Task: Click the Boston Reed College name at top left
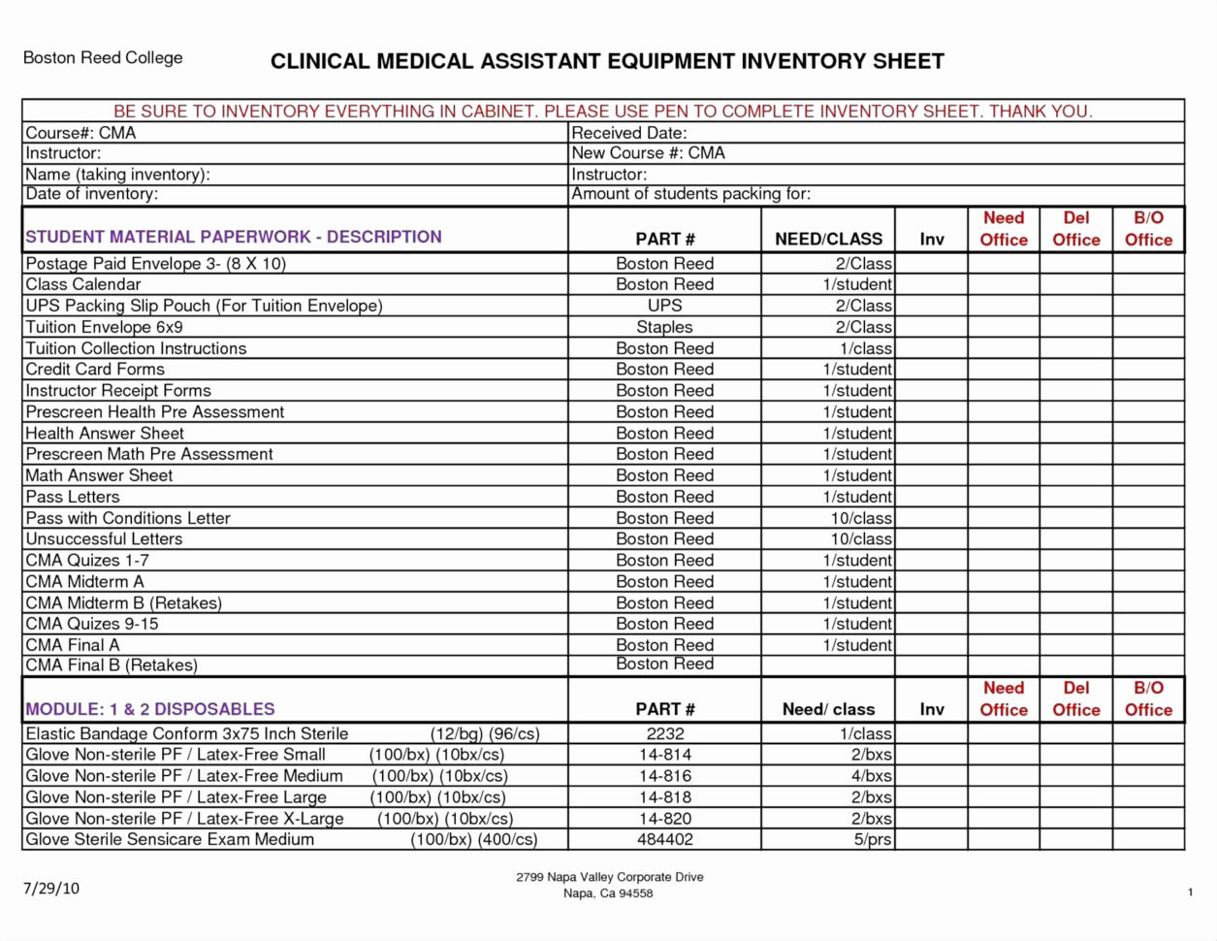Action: click(103, 58)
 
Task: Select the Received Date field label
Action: click(628, 133)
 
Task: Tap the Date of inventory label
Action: click(91, 194)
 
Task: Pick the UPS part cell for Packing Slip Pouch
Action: click(664, 306)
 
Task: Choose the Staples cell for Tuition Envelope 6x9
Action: click(664, 327)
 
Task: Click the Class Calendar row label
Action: click(82, 284)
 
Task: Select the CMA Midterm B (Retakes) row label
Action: click(123, 602)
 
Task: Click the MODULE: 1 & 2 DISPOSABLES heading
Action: click(150, 709)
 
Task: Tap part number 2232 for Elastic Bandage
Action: click(664, 734)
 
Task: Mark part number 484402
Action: click(664, 839)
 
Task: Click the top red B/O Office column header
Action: click(1148, 229)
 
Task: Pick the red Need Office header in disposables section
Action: click(1003, 698)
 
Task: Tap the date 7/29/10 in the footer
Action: click(50, 888)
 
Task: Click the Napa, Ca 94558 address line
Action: click(608, 893)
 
